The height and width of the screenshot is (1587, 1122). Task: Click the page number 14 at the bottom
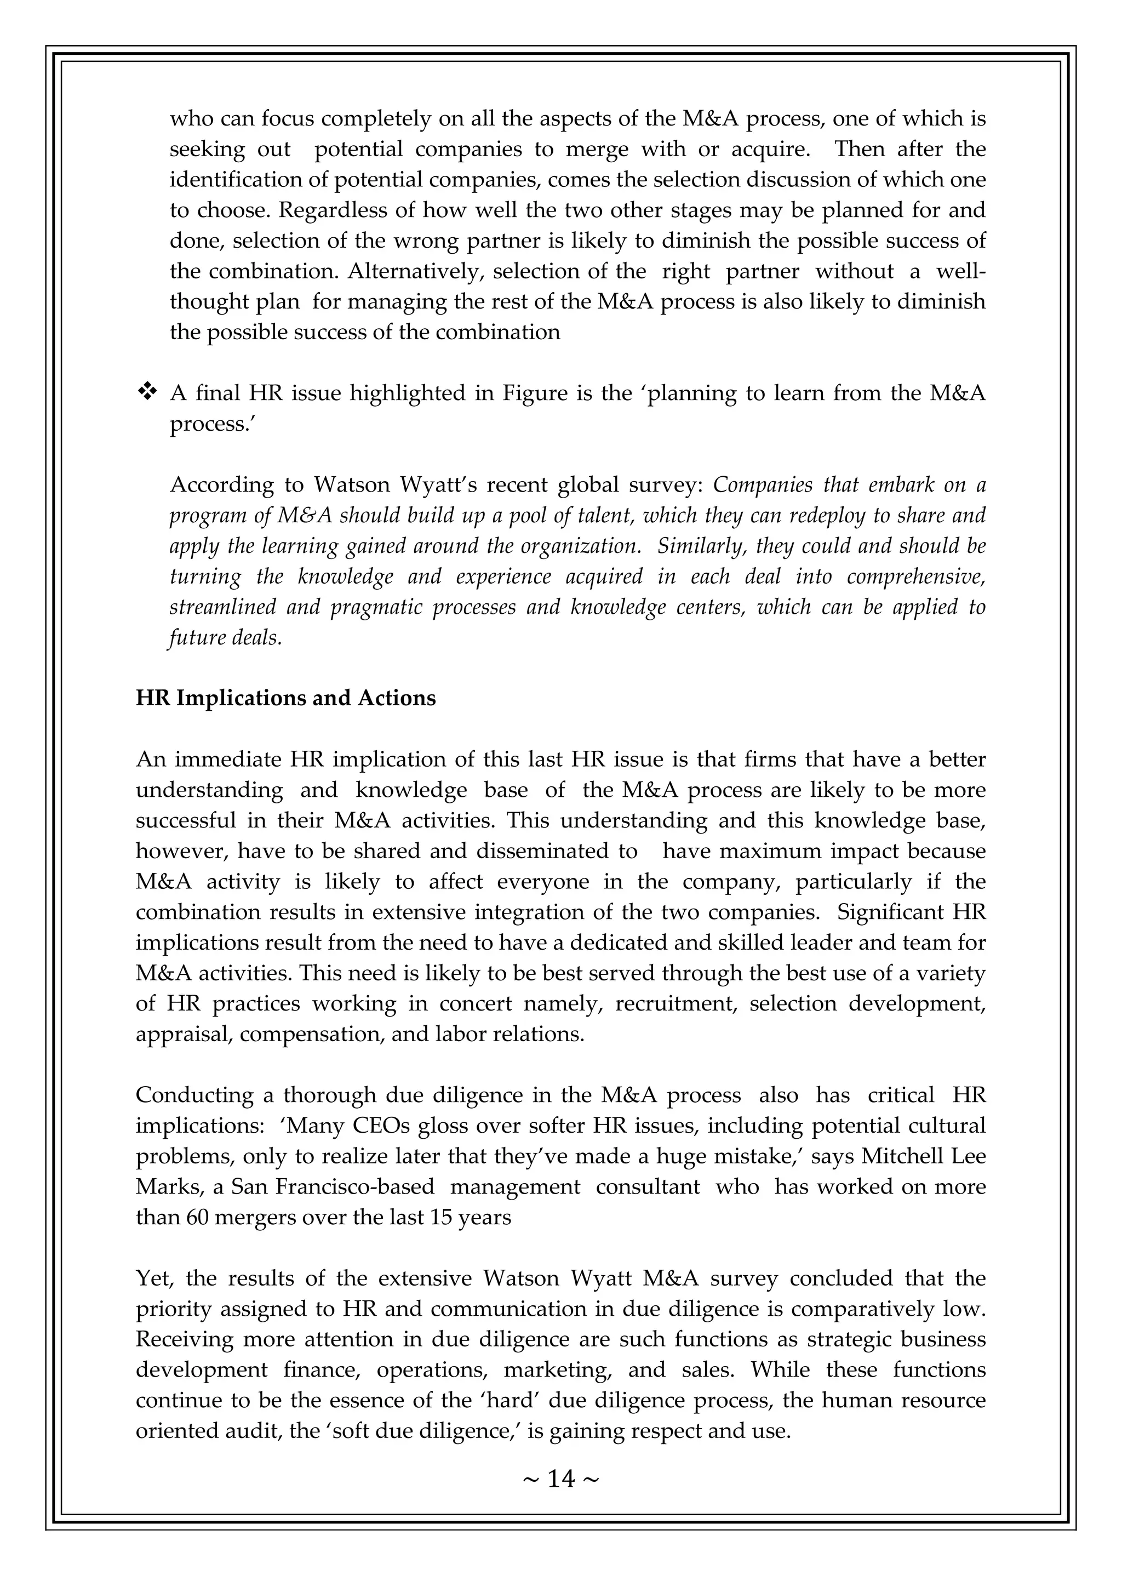561,1478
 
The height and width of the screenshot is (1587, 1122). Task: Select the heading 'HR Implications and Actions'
285,698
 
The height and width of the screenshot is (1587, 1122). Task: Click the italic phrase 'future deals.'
226,637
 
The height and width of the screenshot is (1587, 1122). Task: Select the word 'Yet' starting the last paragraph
153,1278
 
